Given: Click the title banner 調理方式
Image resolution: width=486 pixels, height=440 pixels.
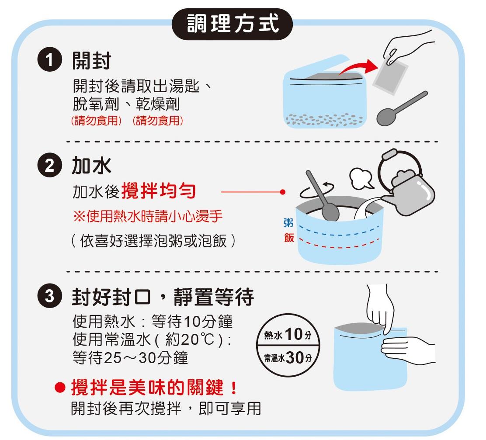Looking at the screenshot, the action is coord(232,24).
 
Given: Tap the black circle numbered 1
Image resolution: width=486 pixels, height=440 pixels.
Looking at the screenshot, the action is coord(49,60).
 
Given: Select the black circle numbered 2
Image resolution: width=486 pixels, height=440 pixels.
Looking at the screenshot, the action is coord(49,165).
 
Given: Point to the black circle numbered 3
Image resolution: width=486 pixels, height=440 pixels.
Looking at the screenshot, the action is coord(49,296).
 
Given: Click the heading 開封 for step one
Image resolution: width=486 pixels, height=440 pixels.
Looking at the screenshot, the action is coord(91,60).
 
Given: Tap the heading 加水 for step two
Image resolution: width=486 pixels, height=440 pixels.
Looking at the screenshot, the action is coord(91,165).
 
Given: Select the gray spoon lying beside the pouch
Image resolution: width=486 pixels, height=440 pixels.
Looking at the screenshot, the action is coord(401,109).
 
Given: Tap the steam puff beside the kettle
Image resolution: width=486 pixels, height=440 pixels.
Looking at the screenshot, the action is coord(361,179).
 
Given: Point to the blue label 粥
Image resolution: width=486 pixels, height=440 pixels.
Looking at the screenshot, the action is coord(288,222).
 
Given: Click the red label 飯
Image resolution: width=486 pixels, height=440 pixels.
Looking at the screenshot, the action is coord(289,238).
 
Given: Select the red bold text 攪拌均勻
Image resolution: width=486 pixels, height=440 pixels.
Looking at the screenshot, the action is coord(159,191).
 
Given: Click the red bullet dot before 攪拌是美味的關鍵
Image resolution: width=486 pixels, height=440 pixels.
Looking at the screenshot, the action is coord(60,387).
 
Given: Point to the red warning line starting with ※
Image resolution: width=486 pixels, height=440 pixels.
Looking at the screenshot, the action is coord(148,216).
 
